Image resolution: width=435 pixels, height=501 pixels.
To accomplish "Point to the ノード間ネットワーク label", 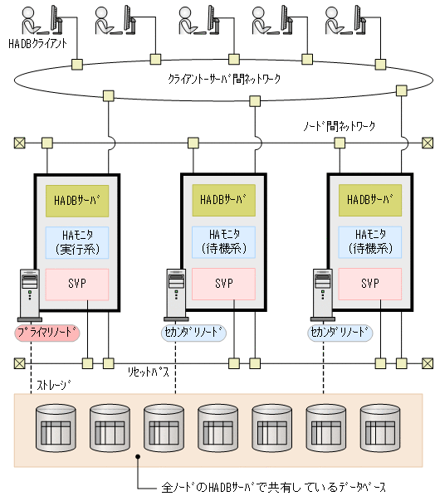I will point(338,127).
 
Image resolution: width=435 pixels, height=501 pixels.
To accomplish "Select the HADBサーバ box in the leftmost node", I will point(76,200).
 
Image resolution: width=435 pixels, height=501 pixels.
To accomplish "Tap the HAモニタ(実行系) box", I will point(76,241).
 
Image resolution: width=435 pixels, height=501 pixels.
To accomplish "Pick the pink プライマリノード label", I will point(49,333).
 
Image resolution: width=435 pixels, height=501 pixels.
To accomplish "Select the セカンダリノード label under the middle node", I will point(193,333).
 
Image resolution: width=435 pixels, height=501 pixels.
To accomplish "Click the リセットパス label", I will point(149,371).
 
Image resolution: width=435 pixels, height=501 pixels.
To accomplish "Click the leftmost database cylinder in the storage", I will point(56,427).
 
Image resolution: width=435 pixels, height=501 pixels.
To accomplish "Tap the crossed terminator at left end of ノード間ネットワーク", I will point(18,143).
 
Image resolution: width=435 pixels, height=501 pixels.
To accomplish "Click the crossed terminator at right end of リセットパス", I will point(427,362).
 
